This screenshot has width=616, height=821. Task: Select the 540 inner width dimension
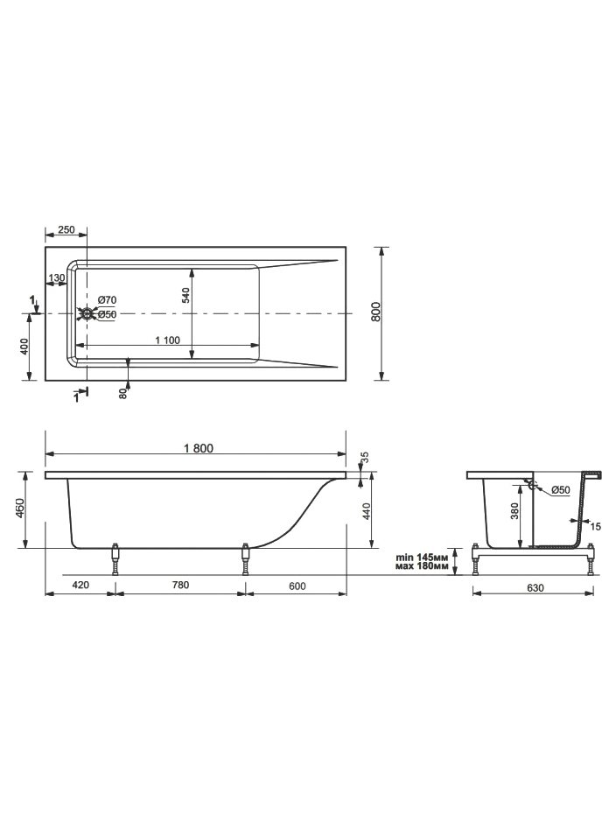[x=185, y=295]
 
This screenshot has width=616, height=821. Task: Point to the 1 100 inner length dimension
[x=167, y=340]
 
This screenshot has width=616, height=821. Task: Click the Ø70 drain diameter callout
[x=108, y=300]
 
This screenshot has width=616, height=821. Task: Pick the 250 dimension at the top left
[x=66, y=229]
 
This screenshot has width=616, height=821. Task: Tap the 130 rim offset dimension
[x=57, y=277]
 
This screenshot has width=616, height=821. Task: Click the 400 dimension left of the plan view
[x=23, y=347]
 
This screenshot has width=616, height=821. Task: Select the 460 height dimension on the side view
[x=19, y=508]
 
